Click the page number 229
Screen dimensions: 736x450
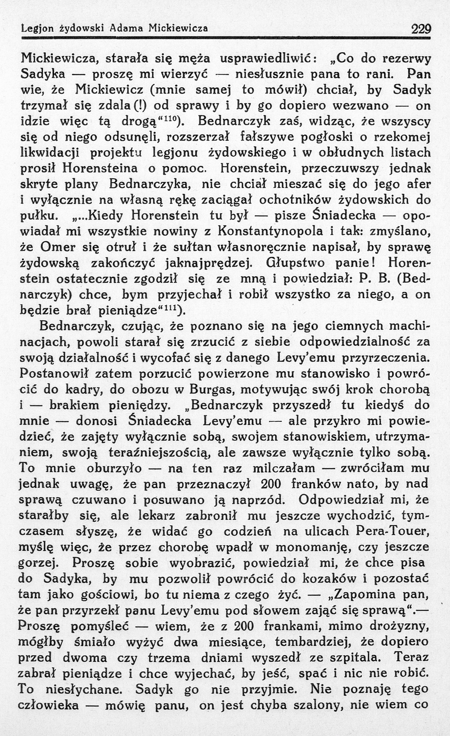[x=421, y=29]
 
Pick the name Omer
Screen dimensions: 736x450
[x=55, y=247]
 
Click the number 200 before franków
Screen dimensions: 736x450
[x=270, y=484]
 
